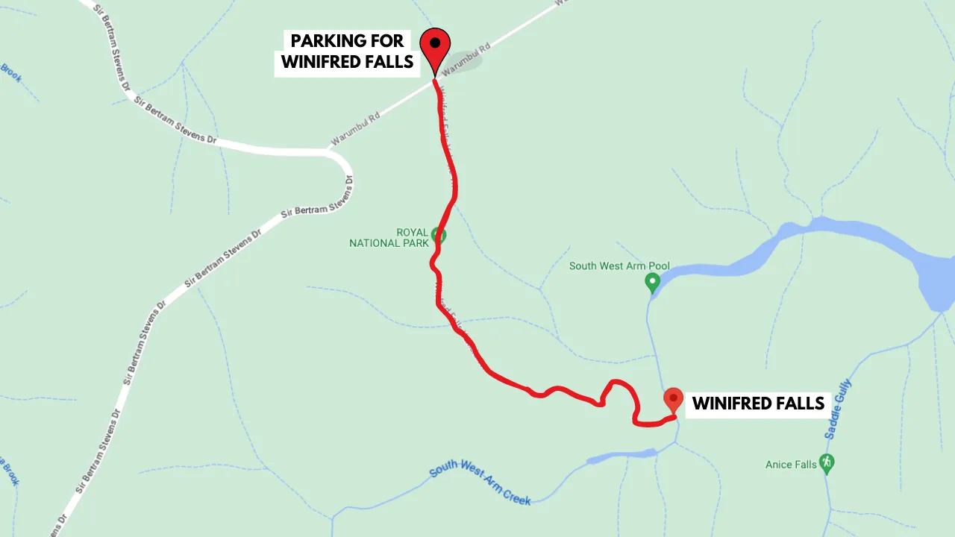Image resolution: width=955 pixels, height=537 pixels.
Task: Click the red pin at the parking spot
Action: (x=435, y=46)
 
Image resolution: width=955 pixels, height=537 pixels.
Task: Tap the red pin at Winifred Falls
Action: (x=673, y=399)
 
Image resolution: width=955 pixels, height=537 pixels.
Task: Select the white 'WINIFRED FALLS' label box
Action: (x=758, y=403)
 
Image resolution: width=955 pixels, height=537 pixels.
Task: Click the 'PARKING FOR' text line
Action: (x=347, y=41)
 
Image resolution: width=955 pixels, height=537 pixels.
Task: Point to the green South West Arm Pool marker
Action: (x=652, y=282)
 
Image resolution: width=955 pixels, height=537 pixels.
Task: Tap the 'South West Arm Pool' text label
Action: (x=619, y=266)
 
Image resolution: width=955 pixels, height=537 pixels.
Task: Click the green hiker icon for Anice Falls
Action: (x=826, y=463)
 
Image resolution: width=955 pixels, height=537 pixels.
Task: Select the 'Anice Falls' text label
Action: (x=791, y=465)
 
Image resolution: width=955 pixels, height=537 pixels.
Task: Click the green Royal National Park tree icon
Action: (x=439, y=236)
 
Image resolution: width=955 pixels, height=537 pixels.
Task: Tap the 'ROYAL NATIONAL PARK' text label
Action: (x=389, y=237)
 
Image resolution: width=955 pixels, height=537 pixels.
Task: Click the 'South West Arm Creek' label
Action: (x=480, y=483)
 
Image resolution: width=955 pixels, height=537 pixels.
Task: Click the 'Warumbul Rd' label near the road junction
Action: (x=356, y=128)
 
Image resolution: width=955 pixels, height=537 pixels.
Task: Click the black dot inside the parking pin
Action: (x=435, y=43)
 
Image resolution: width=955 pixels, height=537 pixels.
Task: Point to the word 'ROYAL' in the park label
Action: (x=412, y=232)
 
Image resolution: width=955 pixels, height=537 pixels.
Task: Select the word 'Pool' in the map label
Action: (x=658, y=266)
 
